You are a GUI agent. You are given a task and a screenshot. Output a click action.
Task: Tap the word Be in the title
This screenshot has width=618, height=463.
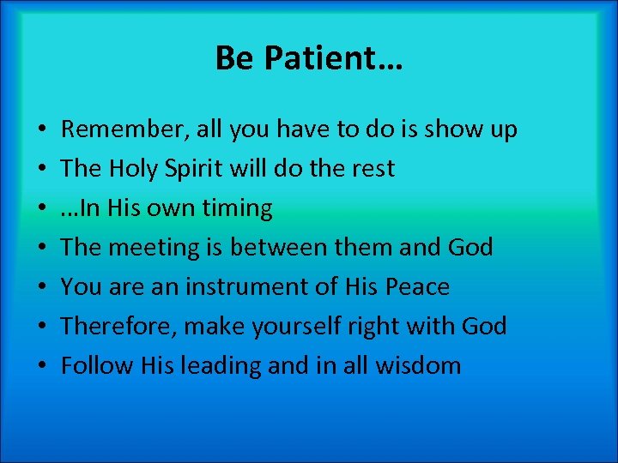point(234,59)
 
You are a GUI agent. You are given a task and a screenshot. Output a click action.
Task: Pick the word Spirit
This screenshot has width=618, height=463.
point(205,169)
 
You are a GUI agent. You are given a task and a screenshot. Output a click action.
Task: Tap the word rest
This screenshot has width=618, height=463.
point(373,169)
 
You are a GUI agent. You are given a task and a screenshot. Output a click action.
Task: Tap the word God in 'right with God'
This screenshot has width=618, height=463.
point(482,327)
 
